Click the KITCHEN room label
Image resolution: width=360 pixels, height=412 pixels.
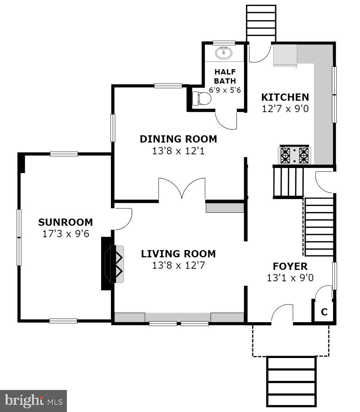coord(285,97)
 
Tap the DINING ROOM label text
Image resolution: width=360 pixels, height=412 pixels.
coord(178,139)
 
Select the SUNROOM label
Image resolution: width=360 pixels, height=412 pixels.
coord(65,222)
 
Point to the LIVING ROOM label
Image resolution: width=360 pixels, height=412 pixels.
coord(178,254)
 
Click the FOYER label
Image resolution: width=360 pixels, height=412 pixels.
coord(290,266)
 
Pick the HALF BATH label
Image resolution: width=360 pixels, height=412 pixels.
coord(225,76)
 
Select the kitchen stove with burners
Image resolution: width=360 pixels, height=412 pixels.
coord(295,155)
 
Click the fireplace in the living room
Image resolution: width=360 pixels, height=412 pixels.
coord(114,264)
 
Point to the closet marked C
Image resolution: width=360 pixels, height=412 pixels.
coord(324,312)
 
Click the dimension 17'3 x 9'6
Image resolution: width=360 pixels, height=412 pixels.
coord(65,233)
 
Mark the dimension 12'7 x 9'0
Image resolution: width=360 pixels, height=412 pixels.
coord(285,109)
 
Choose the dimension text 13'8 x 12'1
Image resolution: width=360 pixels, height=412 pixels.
coord(178,151)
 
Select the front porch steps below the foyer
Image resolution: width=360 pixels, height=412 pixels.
coord(291,381)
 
